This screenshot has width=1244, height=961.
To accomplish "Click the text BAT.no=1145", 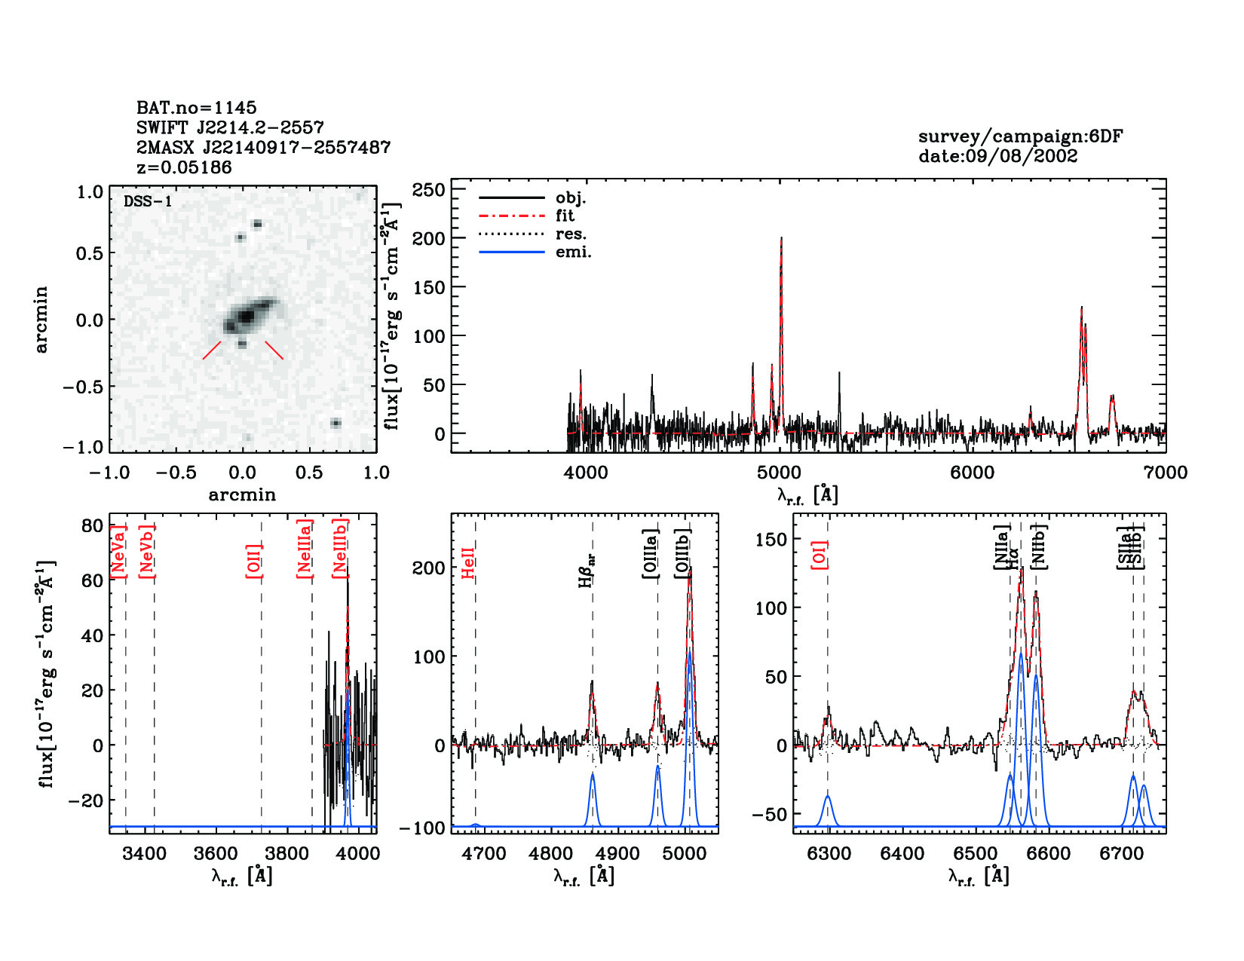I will (196, 108).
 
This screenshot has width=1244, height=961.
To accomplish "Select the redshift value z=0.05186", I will (184, 167).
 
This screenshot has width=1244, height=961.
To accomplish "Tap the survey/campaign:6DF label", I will (1020, 136).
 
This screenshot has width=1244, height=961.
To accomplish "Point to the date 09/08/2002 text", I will (997, 156).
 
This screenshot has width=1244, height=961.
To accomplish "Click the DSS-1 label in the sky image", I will (148, 201).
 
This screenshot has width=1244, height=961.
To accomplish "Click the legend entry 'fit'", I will (565, 216).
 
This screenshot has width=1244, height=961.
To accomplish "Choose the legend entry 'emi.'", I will (573, 252).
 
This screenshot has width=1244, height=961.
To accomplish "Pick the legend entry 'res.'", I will (571, 234).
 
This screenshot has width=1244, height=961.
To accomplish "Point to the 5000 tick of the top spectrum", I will (779, 473).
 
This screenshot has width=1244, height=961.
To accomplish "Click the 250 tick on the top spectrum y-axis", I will (428, 190).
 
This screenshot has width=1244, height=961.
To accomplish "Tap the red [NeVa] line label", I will (118, 551).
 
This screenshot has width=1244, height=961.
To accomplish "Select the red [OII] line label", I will (254, 561).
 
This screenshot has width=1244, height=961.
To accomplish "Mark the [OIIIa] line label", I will (651, 554).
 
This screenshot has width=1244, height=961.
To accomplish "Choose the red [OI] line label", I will (820, 554).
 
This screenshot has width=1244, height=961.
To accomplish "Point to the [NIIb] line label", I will (1039, 546).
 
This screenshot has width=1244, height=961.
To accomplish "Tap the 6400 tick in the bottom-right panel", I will (902, 854).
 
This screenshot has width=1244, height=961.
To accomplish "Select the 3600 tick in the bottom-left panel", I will (216, 854).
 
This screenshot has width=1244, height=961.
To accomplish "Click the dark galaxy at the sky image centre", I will (245, 317).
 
